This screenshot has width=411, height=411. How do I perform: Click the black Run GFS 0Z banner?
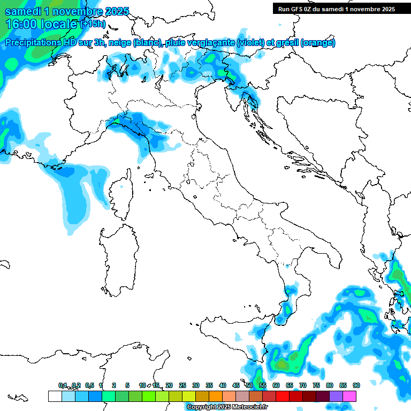click(336, 9)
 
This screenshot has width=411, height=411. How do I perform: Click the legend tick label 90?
click(356, 385)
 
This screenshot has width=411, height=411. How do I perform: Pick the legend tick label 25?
click(182, 385)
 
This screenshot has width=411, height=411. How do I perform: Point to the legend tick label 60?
click(276, 385)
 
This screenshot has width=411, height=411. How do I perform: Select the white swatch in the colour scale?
click(55, 396)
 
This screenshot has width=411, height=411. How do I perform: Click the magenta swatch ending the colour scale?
click(349, 396)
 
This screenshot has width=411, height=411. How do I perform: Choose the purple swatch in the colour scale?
click(336, 396)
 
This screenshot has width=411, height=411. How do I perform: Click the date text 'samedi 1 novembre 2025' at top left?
click(66, 11)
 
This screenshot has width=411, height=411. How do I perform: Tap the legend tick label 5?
click(127, 385)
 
